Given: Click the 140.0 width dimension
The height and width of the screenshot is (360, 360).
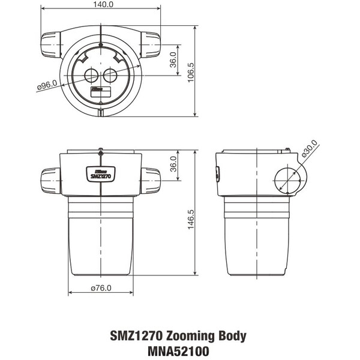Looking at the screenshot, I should click(100, 5).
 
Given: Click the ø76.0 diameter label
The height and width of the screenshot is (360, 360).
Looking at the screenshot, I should click(100, 287).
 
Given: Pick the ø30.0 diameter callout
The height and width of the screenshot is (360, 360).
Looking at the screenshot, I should click(311, 148).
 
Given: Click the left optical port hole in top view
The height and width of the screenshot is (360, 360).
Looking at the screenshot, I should click(91, 75).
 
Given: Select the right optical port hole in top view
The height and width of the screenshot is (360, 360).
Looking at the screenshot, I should click(110, 75).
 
